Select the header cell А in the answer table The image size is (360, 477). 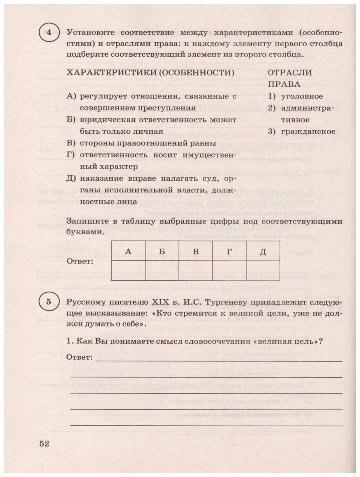click(128, 251)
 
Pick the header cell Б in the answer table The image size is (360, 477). click(162, 251)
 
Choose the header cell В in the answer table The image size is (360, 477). click(196, 251)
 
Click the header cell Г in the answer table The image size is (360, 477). click(229, 251)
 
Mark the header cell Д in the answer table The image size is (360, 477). click(263, 251)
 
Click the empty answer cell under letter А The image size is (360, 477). click(128, 271)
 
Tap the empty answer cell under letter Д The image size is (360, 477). click(263, 271)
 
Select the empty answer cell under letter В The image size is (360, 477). click(196, 271)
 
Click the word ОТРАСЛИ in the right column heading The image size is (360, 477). click(290, 73)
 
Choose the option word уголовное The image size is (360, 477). click(301, 96)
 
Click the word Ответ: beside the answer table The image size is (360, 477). click(80, 261)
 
